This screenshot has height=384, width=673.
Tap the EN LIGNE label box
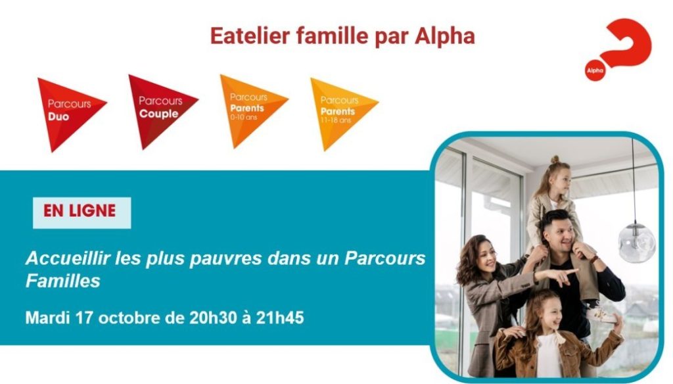[x=82, y=212]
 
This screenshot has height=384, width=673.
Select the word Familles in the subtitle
[x=62, y=281]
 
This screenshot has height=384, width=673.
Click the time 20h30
[x=213, y=318]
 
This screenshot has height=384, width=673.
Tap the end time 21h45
[x=280, y=318]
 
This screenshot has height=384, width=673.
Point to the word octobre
[x=129, y=318]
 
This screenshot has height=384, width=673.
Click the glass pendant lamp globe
[x=636, y=242]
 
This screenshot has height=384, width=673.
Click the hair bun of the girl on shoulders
[x=555, y=159]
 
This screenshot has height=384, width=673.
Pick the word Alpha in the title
[x=445, y=37]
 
